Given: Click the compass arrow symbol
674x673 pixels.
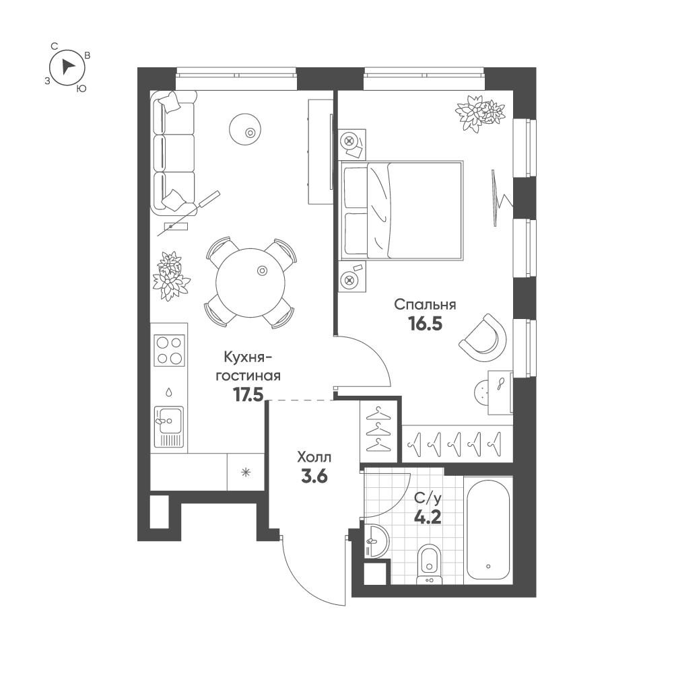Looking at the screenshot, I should click(67, 67).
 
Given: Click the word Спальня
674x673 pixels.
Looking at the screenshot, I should click(425, 305).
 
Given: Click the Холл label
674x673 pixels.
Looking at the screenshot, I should click(313, 458).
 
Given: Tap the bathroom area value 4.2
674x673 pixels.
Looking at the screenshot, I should click(428, 519).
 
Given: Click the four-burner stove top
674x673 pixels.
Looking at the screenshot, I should click(169, 350).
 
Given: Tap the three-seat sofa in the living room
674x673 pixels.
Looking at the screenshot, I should click(173, 153).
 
